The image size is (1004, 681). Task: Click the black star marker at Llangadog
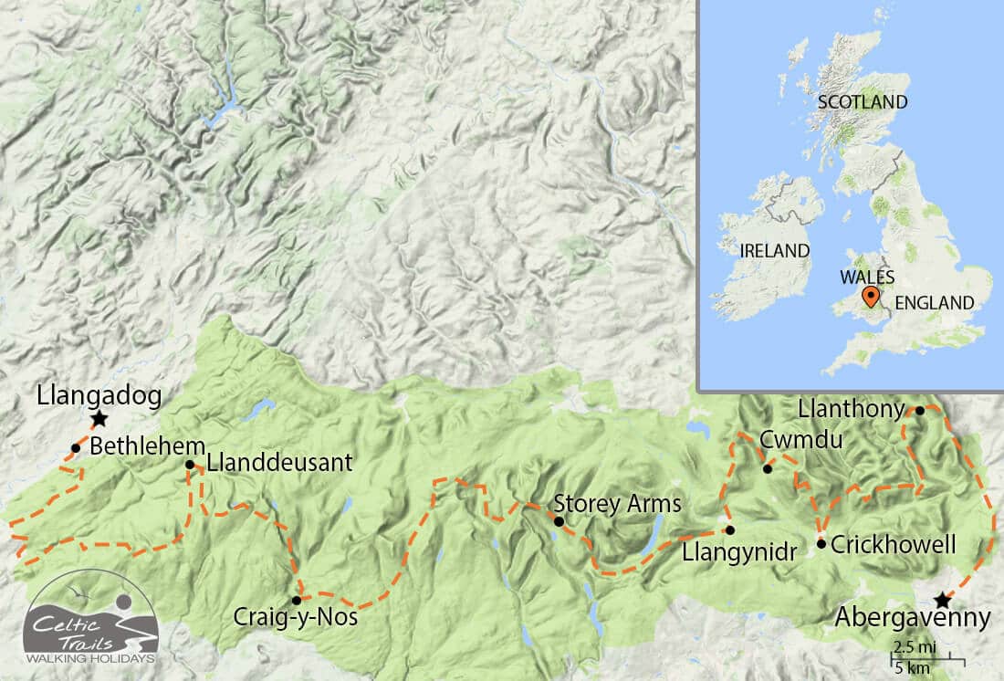99,419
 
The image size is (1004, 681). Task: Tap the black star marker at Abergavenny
941,600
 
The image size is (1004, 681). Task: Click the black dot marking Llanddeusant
190,465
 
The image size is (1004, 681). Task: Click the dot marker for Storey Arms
559,521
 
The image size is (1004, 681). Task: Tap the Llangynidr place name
740,550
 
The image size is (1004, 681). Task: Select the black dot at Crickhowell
821,544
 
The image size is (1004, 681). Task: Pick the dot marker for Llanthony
920,410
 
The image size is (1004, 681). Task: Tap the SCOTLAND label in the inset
863,101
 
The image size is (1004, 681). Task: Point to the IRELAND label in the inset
775,250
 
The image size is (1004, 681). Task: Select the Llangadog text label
99,395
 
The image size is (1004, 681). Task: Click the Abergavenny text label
912,619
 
